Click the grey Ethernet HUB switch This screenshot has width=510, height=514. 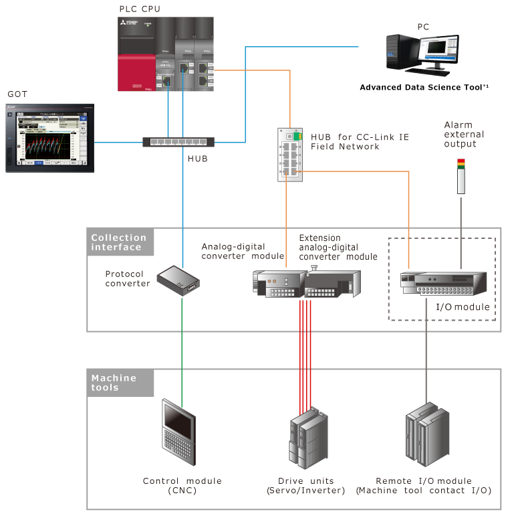[178, 142]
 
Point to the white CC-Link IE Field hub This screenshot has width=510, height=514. [290, 155]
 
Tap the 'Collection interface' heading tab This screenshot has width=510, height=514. [120, 242]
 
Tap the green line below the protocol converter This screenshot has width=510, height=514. [182, 348]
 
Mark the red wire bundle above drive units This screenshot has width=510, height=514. [306, 355]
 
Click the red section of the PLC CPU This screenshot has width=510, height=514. [138, 74]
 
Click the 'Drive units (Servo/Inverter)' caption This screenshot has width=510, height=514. [306, 486]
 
